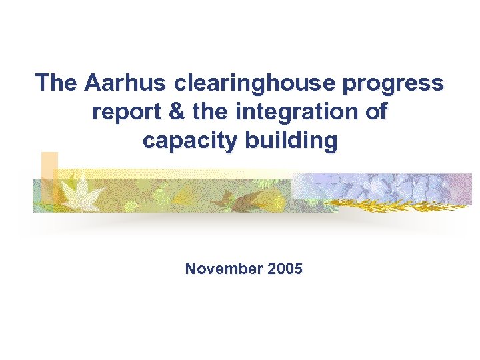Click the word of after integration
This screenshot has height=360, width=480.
pos(375,112)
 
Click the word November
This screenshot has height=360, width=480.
pos(223,269)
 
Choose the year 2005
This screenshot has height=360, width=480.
pos(284,269)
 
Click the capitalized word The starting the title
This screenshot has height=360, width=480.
pos(57,83)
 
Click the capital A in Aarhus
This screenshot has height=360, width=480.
pos(93,83)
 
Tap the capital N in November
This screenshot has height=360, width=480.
pos(191,269)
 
